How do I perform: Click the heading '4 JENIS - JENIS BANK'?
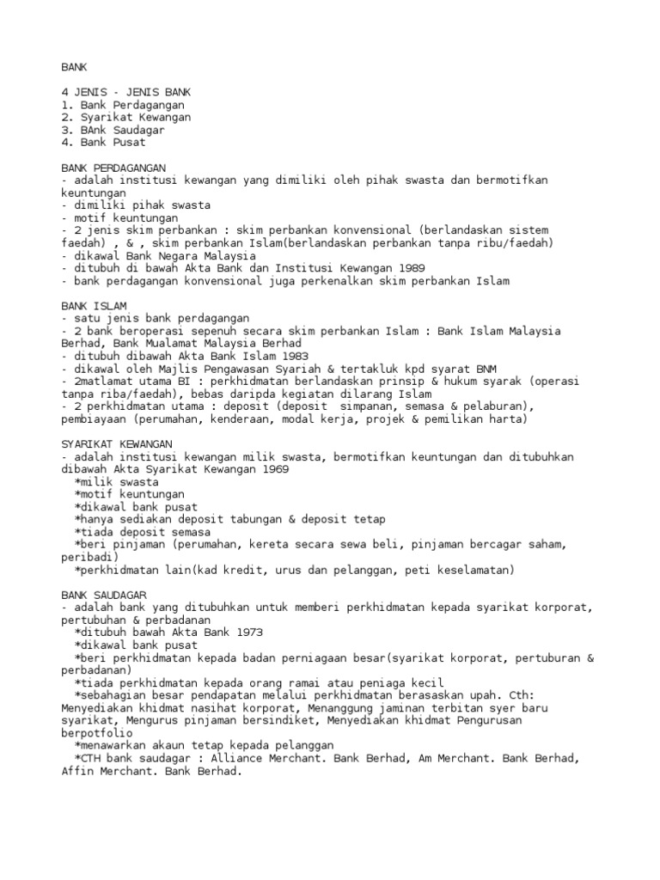pyautogui.click(x=126, y=91)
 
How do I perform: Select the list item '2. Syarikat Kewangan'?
pyautogui.click(x=126, y=117)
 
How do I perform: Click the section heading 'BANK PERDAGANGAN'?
pyautogui.click(x=113, y=168)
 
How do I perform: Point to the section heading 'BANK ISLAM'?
pyautogui.click(x=95, y=305)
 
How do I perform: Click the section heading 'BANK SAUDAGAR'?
pyautogui.click(x=104, y=594)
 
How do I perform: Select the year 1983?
pyautogui.click(x=292, y=356)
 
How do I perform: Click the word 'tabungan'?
pyautogui.click(x=251, y=519)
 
